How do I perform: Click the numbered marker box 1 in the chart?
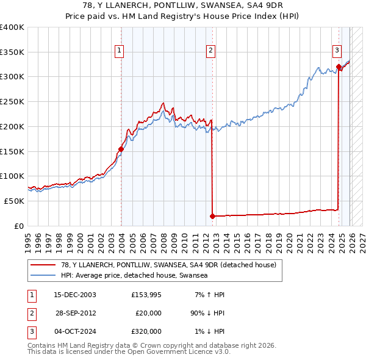pyautogui.click(x=119, y=51)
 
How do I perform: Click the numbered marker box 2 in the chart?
pyautogui.click(x=210, y=51)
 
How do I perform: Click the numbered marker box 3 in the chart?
pyautogui.click(x=337, y=51)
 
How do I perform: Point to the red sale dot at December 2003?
pyautogui.click(x=121, y=149)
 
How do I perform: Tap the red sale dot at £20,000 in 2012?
pyautogui.click(x=212, y=215)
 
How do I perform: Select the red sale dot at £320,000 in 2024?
pyautogui.click(x=339, y=67)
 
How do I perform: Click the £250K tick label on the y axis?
pyautogui.click(x=12, y=101)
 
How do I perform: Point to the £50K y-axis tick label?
pyautogui.click(x=14, y=201)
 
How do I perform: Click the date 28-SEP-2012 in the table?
pyautogui.click(x=75, y=313)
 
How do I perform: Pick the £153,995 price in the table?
pyautogui.click(x=146, y=295)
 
